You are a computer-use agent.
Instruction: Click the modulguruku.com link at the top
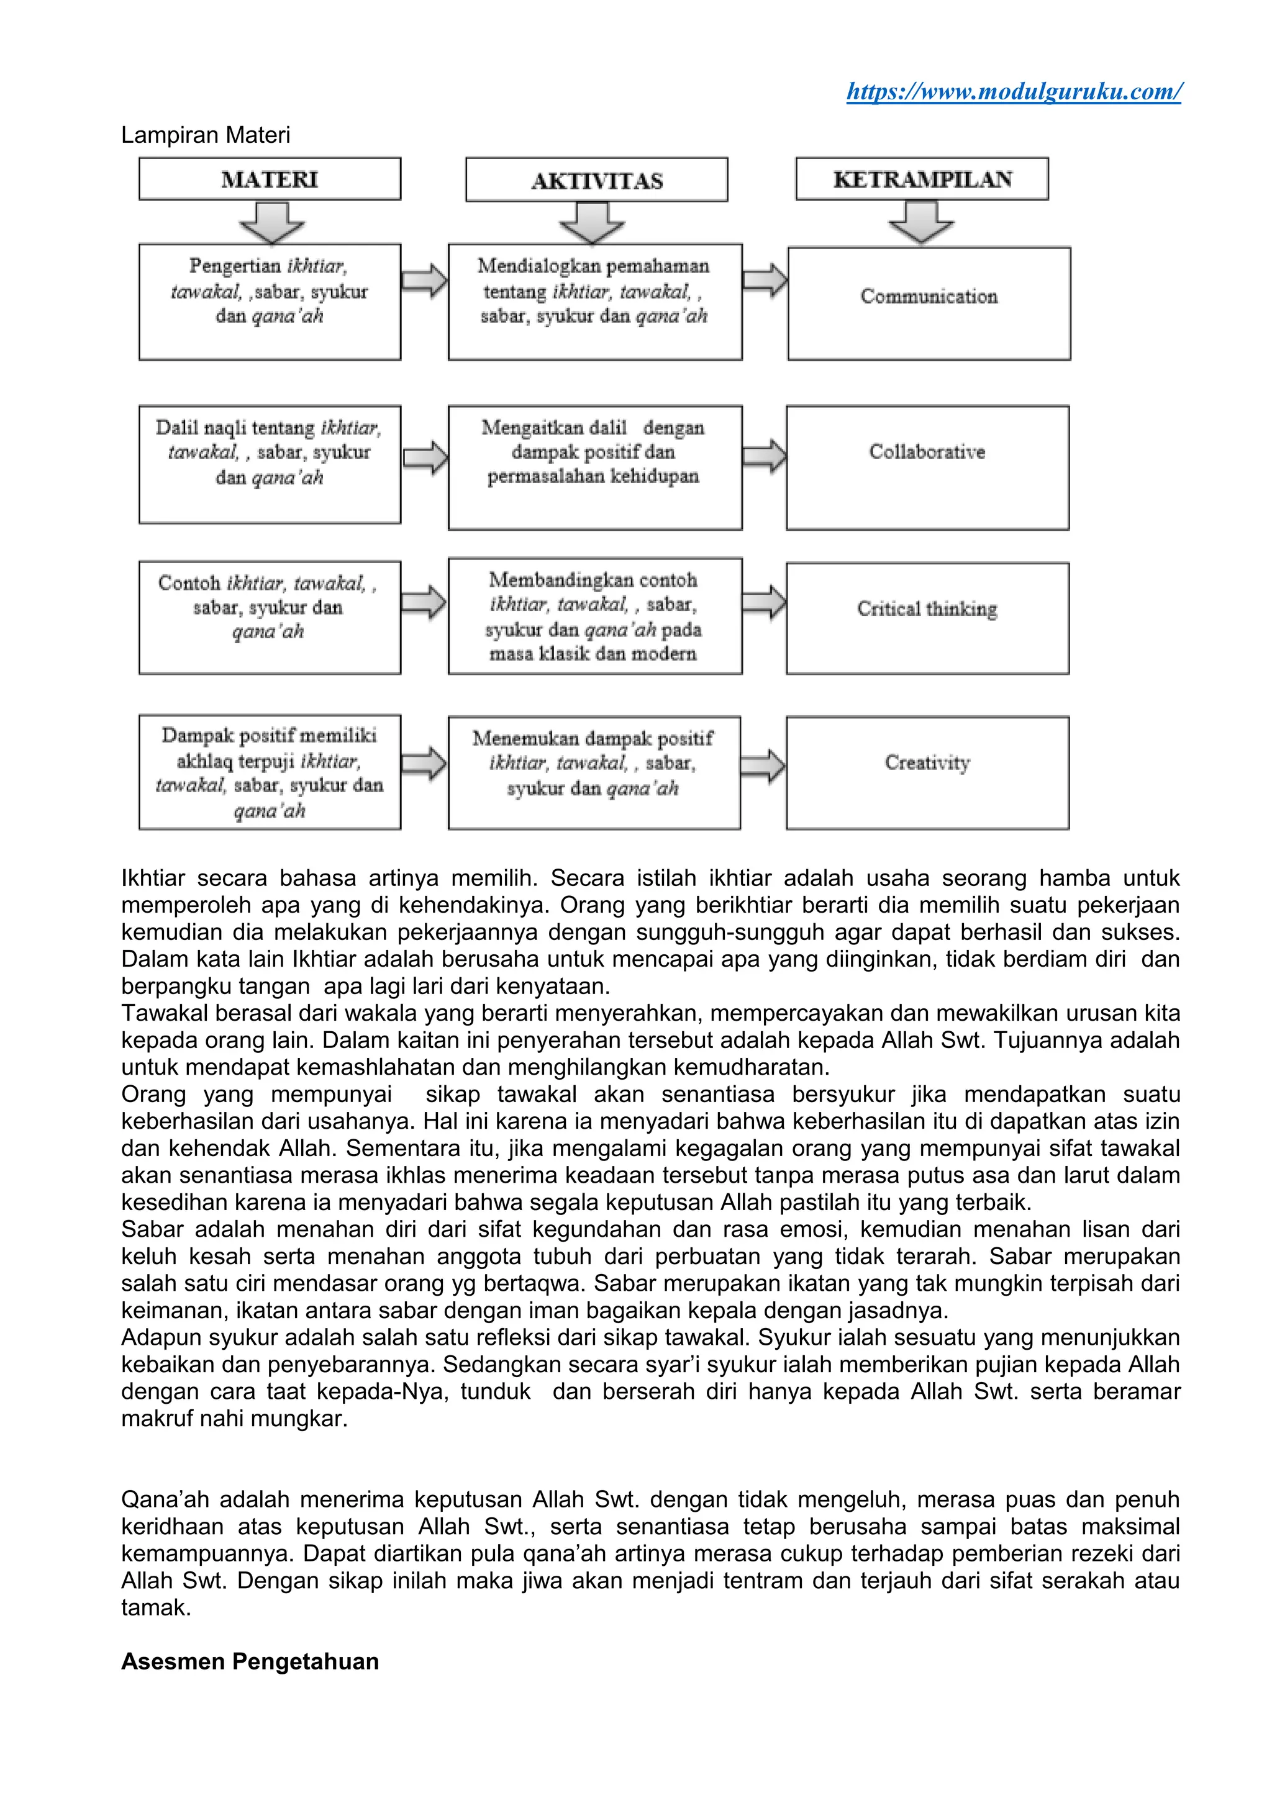point(1014,92)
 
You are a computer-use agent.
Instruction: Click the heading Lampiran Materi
point(205,135)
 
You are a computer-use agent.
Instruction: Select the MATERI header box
point(270,179)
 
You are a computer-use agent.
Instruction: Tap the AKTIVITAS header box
point(596,181)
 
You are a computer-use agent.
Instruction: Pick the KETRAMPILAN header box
point(922,179)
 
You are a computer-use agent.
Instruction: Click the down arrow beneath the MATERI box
point(272,222)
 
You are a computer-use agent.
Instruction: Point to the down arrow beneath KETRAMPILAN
point(921,222)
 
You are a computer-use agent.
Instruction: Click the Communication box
point(929,303)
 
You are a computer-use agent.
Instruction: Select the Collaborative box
point(927,467)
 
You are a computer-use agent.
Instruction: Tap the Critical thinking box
point(927,618)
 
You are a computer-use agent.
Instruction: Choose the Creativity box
point(927,772)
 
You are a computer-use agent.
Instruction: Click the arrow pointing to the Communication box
point(765,279)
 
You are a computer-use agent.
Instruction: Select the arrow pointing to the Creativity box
point(763,766)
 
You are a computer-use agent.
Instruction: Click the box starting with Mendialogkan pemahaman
point(594,302)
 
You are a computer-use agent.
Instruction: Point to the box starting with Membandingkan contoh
point(594,617)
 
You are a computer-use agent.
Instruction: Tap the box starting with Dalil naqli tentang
point(270,464)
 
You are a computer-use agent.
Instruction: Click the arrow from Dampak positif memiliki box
point(424,764)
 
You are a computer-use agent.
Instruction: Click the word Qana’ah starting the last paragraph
point(165,1499)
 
